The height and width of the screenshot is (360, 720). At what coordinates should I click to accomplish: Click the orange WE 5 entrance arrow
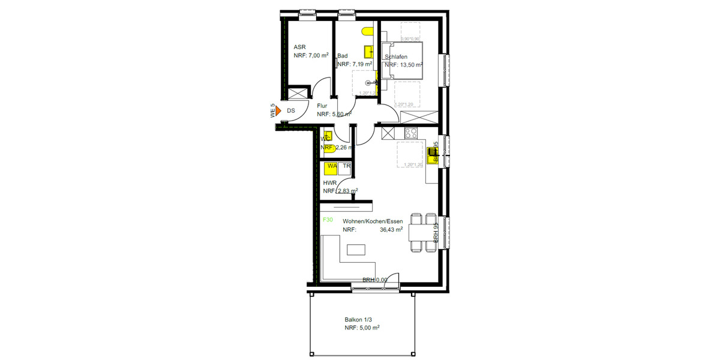click(279, 111)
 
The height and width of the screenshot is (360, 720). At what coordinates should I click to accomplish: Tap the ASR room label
click(299, 47)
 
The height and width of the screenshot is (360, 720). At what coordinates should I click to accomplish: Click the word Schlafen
click(397, 57)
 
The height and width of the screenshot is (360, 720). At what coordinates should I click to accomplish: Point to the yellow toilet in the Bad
click(367, 32)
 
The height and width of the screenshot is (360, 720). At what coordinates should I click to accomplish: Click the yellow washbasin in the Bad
click(369, 52)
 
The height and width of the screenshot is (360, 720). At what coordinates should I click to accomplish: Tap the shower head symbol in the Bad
click(374, 82)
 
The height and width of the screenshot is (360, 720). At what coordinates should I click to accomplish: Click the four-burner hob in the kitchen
click(411, 133)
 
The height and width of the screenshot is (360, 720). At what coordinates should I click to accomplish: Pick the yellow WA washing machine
click(332, 168)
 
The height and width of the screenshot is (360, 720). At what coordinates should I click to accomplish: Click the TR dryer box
click(346, 166)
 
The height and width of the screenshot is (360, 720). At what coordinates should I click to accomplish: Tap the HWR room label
click(329, 182)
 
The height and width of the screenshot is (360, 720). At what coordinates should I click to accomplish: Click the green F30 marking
click(328, 220)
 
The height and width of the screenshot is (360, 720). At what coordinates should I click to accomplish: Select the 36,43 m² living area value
click(391, 229)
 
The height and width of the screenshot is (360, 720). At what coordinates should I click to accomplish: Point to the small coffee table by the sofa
click(357, 248)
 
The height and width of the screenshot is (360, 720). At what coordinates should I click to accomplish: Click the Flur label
click(322, 106)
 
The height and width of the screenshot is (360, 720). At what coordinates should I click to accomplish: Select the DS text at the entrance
click(291, 111)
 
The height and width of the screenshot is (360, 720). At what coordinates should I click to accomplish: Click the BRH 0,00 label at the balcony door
click(374, 280)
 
